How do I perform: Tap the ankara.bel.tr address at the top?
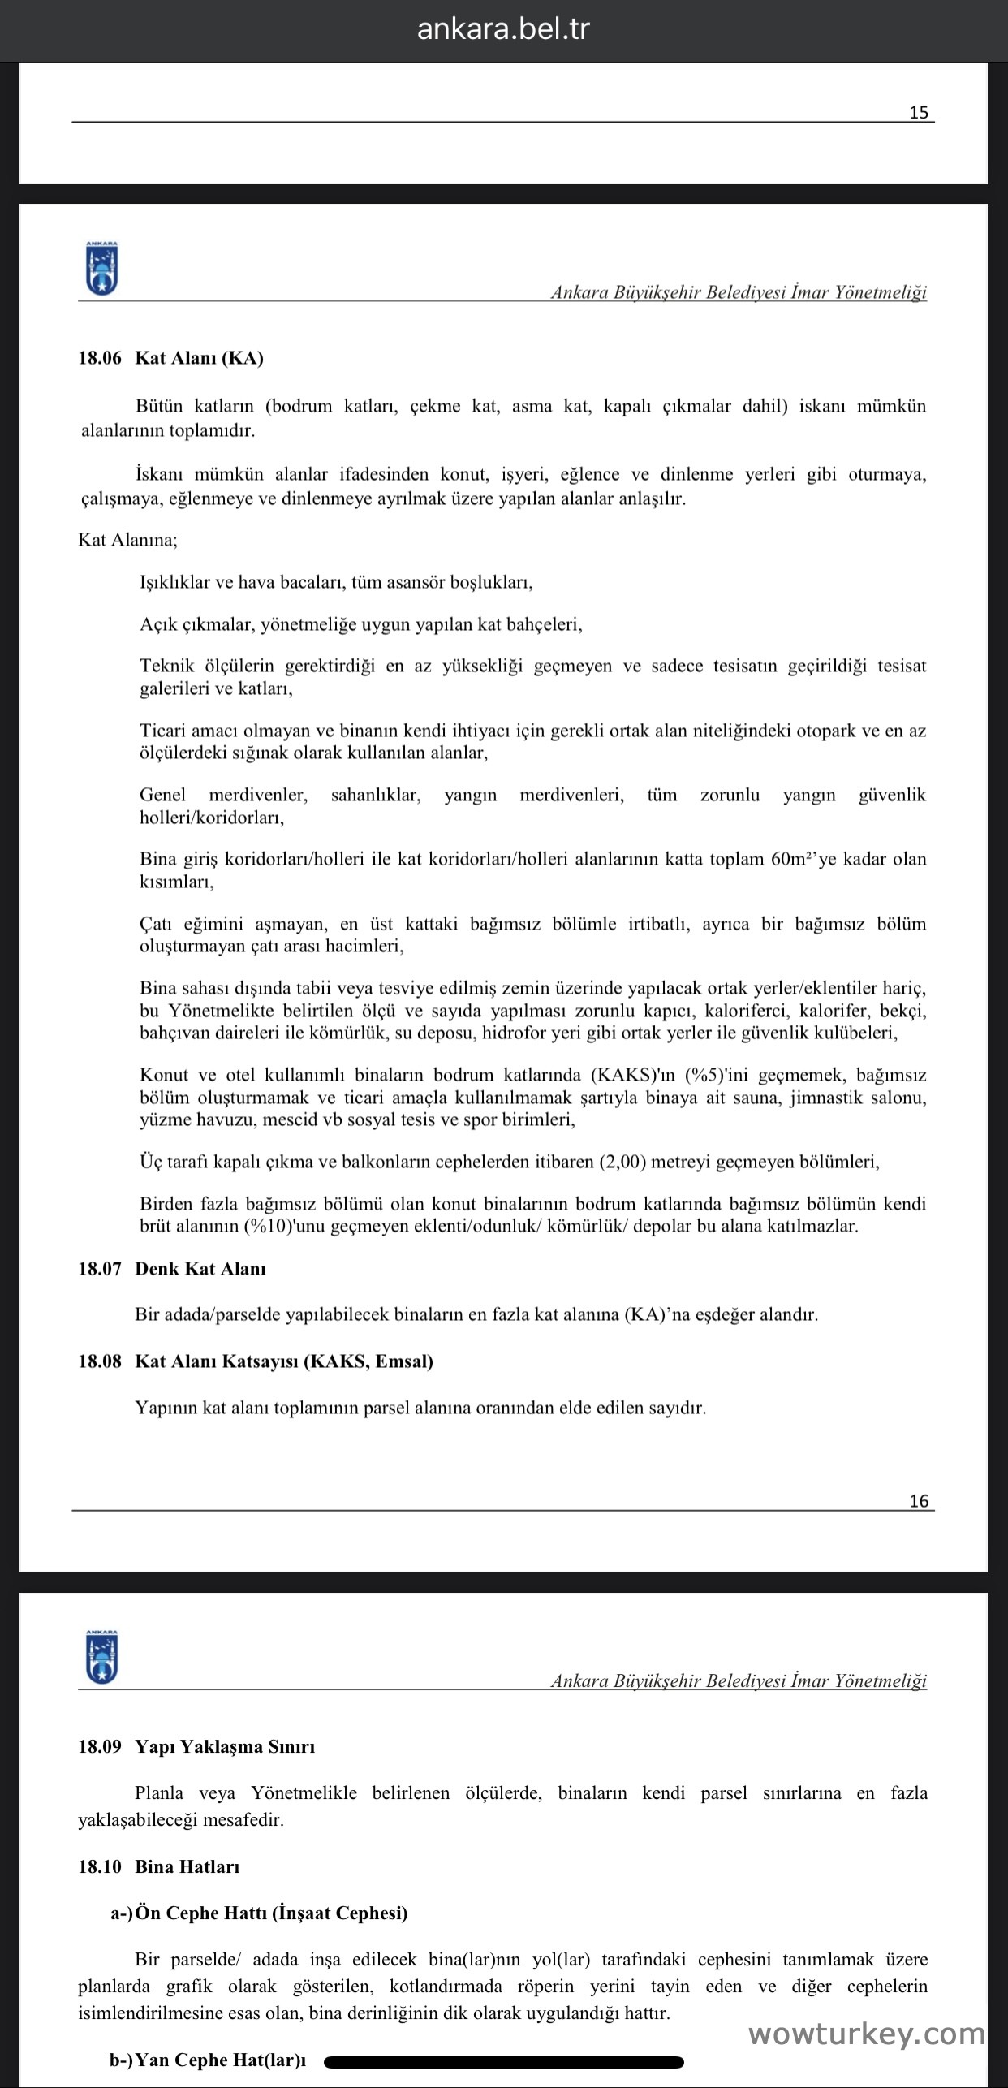coord(503,29)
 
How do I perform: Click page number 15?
coord(919,113)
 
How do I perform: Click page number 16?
coord(919,1501)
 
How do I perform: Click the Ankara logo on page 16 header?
coord(102,268)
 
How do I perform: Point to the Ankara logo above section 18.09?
coord(102,1657)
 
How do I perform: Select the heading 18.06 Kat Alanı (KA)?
coord(170,358)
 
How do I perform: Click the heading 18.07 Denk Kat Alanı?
coord(172,1269)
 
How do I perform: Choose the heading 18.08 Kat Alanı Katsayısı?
coord(256,1361)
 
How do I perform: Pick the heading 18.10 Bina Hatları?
coord(159,1866)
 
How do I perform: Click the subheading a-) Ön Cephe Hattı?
coord(259,1913)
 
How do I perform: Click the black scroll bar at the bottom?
coord(503,2060)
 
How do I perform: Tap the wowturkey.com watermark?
coord(866,2033)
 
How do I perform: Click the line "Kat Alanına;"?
coord(127,540)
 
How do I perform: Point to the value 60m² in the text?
coord(793,859)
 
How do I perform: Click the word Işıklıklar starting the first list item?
coord(174,582)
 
